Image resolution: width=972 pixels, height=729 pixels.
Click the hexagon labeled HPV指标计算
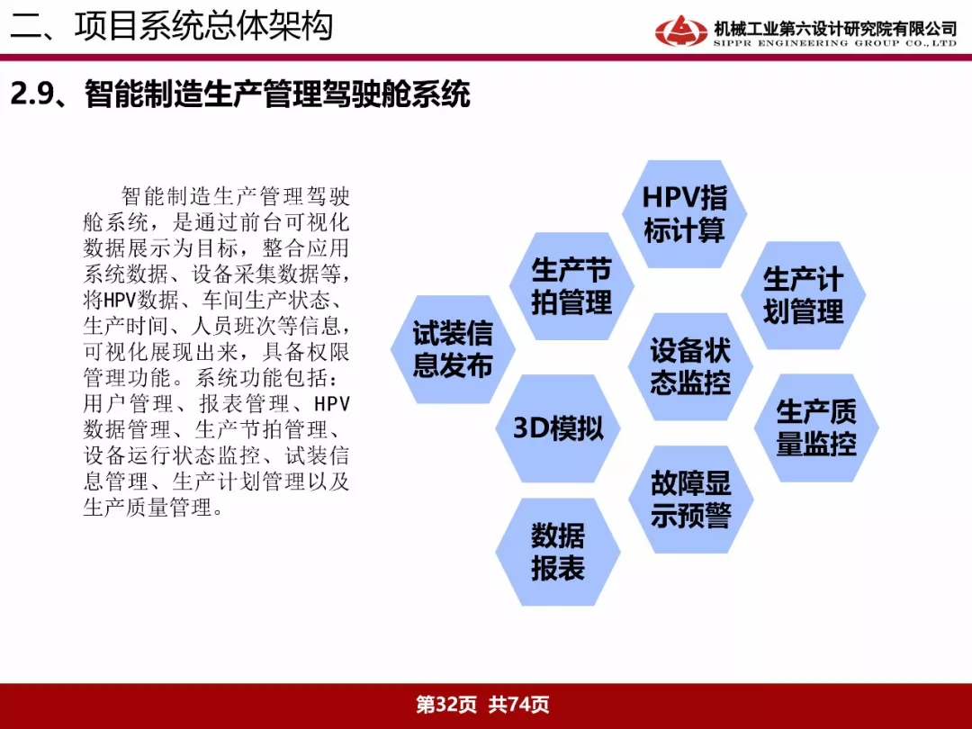click(684, 214)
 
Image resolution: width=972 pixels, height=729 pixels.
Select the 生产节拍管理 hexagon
click(571, 286)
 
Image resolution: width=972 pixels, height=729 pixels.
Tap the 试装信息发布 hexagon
click(453, 349)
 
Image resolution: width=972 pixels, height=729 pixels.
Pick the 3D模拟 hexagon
click(558, 428)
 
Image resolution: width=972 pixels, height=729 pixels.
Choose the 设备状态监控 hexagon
click(690, 367)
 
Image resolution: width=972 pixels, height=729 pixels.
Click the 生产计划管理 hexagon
click(804, 296)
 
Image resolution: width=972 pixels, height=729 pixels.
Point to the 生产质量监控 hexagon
click(816, 427)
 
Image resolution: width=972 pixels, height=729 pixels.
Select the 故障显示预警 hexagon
click(690, 499)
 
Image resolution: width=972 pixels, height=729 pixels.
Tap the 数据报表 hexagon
click(558, 552)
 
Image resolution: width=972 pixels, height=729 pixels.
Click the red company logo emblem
click(680, 31)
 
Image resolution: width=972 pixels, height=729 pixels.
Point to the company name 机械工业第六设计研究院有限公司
click(835, 29)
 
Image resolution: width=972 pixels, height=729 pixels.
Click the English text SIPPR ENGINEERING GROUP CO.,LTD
click(835, 43)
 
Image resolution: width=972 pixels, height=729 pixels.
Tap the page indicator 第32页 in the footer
click(446, 704)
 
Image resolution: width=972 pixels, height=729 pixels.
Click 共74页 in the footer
click(519, 704)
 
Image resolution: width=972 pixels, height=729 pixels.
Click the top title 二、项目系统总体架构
click(172, 26)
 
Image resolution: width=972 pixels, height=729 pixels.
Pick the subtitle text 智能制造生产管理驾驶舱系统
click(277, 94)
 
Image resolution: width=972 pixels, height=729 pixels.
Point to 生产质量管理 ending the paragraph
click(147, 508)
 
